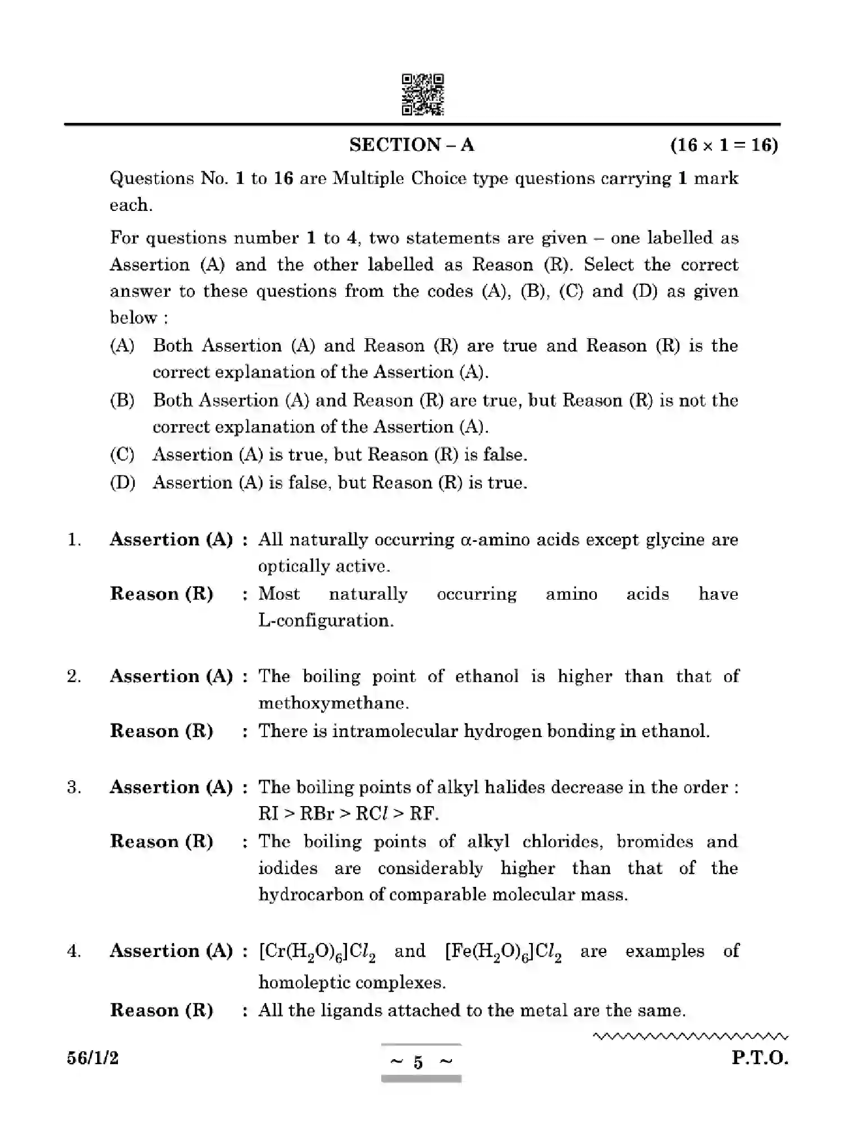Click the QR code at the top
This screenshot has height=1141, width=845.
click(x=422, y=94)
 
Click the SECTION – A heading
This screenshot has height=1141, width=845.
click(x=412, y=145)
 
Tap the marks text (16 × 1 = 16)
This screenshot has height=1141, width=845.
click(x=724, y=145)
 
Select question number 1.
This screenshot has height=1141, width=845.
click(x=74, y=540)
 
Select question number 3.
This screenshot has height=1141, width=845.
click(x=74, y=787)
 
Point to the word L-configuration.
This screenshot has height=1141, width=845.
click(x=326, y=620)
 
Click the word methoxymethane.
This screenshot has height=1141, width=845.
click(x=333, y=703)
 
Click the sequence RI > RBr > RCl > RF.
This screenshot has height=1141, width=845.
click(x=348, y=813)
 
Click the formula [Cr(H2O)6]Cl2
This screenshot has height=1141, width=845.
click(x=317, y=952)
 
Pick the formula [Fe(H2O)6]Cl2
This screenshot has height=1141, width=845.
click(x=503, y=952)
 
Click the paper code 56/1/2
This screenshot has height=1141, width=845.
click(x=93, y=1059)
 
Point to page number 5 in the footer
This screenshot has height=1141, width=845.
click(x=418, y=1062)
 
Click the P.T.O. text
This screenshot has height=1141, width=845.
click(x=760, y=1059)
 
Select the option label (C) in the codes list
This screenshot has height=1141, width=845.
click(x=122, y=454)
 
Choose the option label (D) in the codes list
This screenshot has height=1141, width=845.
click(x=122, y=482)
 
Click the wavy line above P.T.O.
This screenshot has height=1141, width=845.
click(x=691, y=1037)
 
